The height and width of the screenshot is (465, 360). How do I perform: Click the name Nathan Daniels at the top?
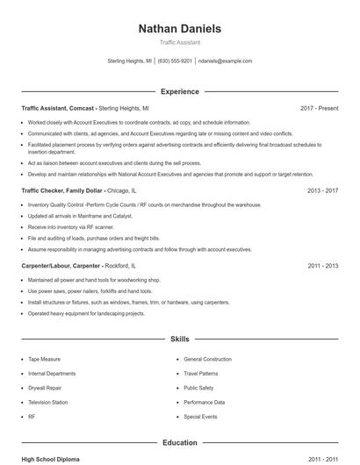(179, 28)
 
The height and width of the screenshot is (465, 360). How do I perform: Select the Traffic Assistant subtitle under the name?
(179, 42)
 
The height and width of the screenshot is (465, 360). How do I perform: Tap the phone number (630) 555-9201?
(175, 61)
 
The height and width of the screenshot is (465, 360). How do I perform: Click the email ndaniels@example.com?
(225, 61)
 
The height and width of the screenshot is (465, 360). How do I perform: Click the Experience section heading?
(179, 91)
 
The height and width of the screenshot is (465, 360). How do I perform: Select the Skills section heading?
(179, 338)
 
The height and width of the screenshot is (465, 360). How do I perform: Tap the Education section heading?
(179, 443)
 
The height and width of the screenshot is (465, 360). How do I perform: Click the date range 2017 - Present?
(319, 108)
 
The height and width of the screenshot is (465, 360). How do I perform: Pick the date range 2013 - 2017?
(322, 190)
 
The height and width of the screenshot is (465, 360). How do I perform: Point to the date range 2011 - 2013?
(322, 265)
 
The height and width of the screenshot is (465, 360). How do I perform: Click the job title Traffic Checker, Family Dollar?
(63, 190)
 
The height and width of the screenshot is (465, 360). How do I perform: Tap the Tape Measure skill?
(44, 359)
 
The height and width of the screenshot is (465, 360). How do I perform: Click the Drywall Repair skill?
(45, 388)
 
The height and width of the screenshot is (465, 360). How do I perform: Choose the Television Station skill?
(47, 402)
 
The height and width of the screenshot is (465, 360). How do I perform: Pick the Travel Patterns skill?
(201, 373)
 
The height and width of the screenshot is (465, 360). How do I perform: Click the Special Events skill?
(200, 417)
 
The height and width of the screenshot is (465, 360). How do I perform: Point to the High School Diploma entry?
(52, 459)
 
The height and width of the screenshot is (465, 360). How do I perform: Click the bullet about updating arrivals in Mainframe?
(80, 216)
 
